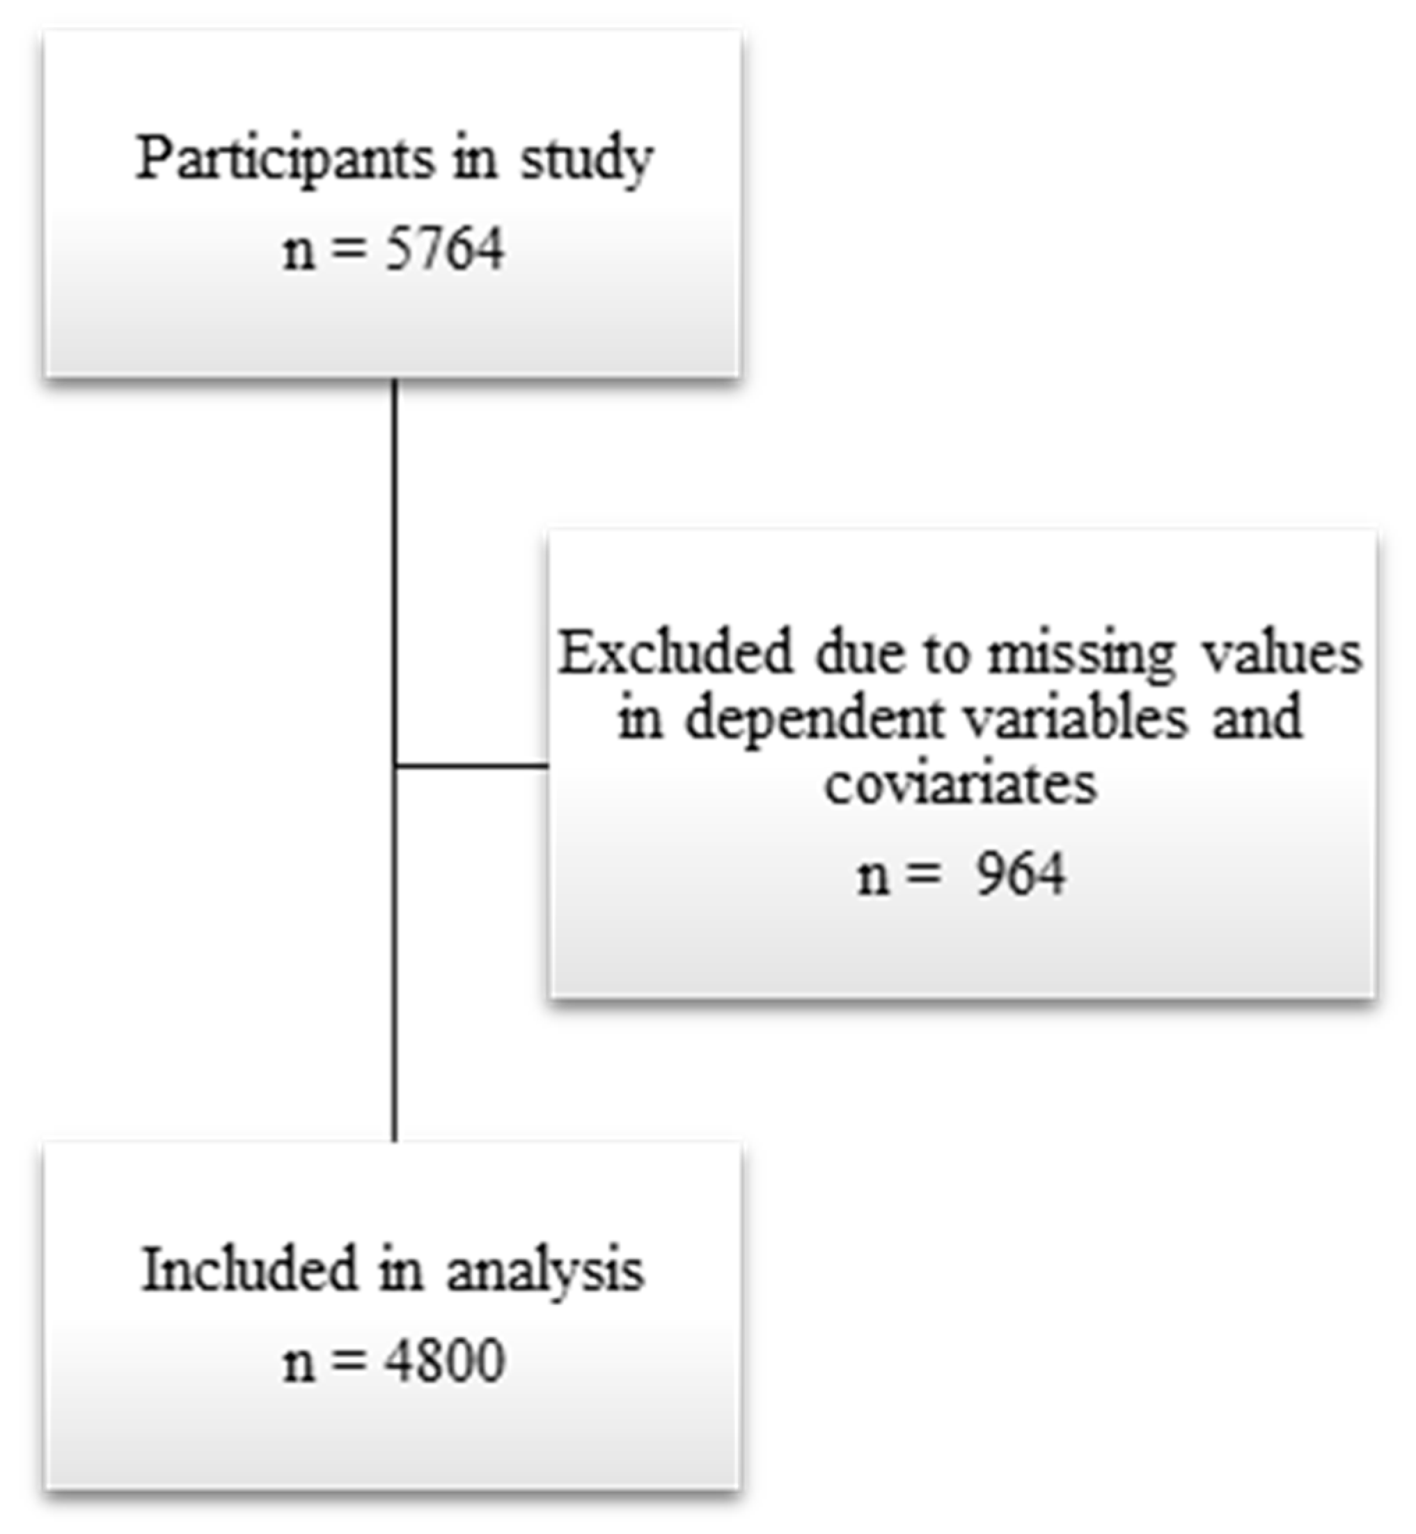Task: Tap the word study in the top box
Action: tap(586, 160)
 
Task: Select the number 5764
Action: tap(444, 250)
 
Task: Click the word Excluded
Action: tap(675, 654)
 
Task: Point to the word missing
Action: tap(1080, 654)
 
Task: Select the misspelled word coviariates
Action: tap(961, 783)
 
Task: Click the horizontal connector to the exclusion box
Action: tap(472, 766)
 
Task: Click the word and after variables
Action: tap(1257, 719)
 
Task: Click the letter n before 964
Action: tap(874, 876)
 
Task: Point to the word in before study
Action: tap(474, 160)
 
